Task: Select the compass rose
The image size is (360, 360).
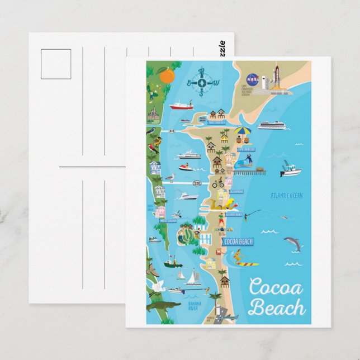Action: pyautogui.click(x=203, y=82)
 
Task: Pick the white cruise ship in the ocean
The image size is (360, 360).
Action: pyautogui.click(x=271, y=125)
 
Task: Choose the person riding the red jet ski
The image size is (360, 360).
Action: pyautogui.click(x=186, y=166)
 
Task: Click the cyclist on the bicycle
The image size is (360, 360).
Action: pyautogui.click(x=218, y=182)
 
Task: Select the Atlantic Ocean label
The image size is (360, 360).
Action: pyautogui.click(x=286, y=196)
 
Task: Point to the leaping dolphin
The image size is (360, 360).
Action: pyautogui.click(x=292, y=243)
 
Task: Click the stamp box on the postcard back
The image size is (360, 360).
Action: pyautogui.click(x=56, y=64)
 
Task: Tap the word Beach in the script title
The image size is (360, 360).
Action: pyautogui.click(x=277, y=307)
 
